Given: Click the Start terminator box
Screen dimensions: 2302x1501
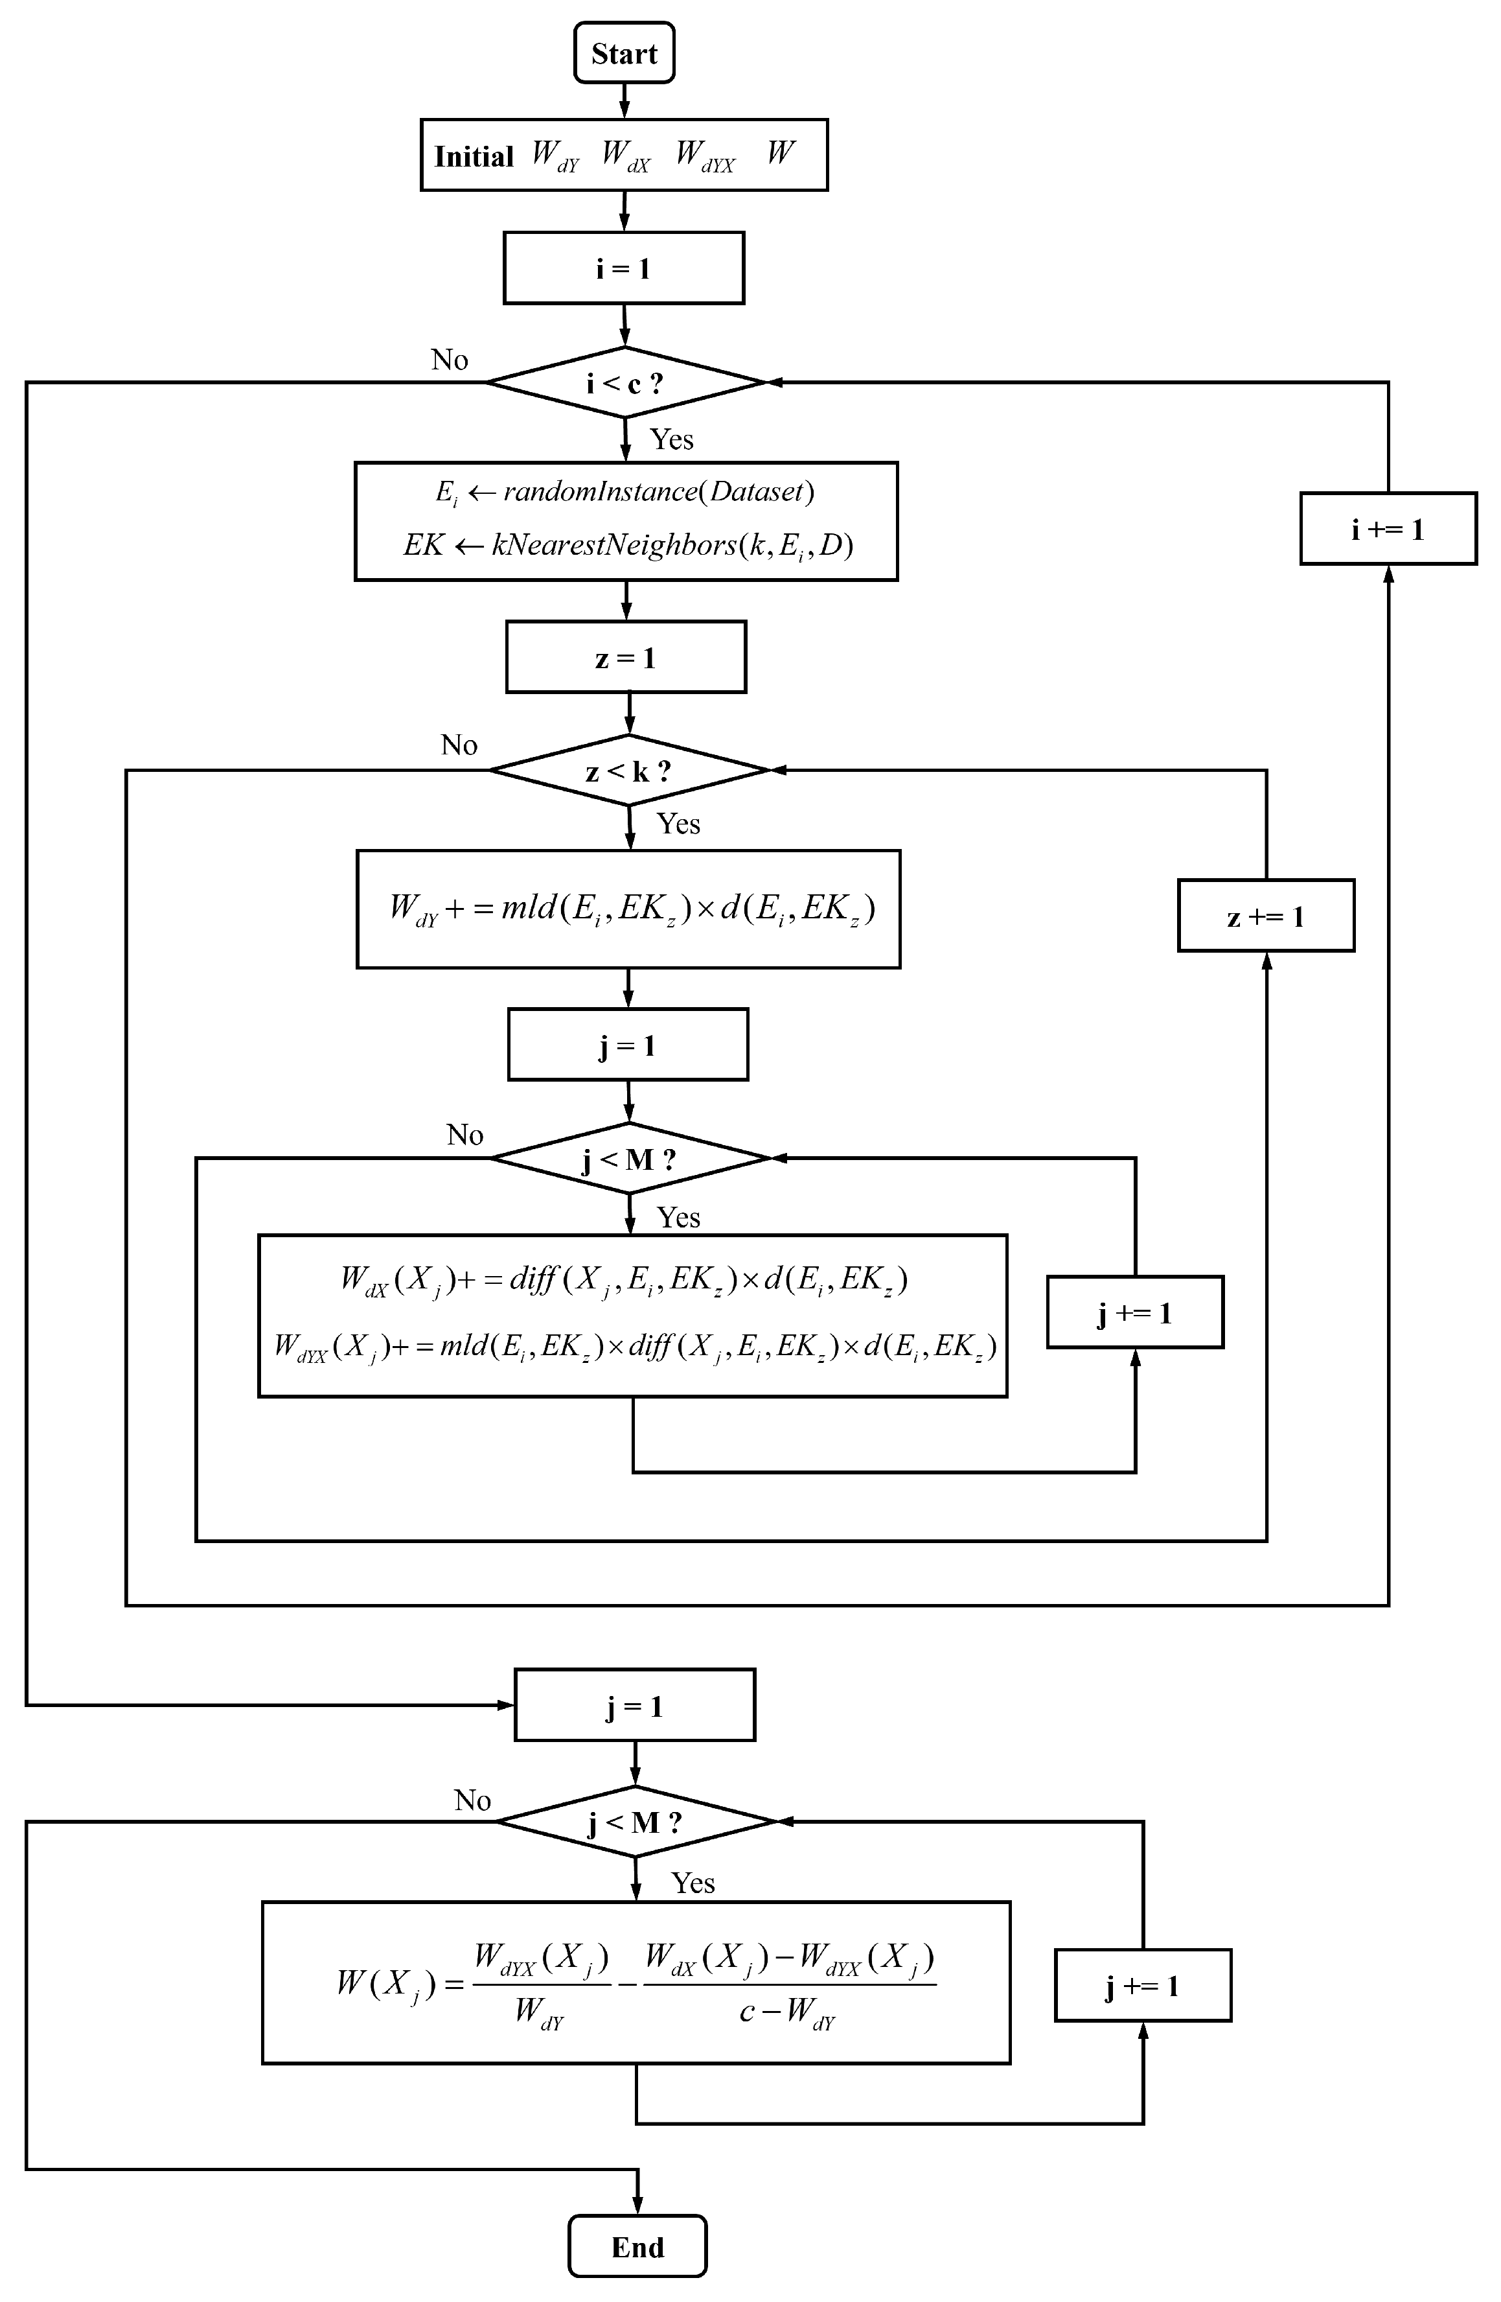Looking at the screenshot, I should (624, 53).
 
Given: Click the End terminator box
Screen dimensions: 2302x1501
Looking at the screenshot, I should (637, 2247).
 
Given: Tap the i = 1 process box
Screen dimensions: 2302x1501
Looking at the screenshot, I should (624, 268).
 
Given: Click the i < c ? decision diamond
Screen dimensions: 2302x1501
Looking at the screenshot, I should (624, 383).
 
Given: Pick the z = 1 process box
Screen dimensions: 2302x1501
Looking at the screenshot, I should (626, 658).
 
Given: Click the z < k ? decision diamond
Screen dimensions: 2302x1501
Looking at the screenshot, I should (628, 771).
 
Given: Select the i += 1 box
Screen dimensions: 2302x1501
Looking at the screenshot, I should (1388, 529).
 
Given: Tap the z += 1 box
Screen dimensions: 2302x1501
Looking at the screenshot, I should (1265, 916).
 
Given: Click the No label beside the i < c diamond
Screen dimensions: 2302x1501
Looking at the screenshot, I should (450, 360).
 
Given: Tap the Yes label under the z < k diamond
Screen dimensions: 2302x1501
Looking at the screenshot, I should (678, 823).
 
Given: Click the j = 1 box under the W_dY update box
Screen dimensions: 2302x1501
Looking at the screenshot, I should (628, 1045).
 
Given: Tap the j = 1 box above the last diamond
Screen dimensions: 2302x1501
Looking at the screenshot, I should (634, 1706).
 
